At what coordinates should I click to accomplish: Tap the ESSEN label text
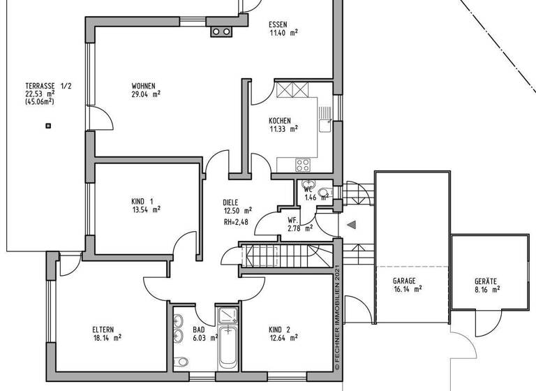[278, 24]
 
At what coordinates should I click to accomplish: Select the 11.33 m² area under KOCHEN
[284, 128]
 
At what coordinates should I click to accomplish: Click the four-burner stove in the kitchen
[303, 165]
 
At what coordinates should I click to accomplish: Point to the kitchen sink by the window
[325, 124]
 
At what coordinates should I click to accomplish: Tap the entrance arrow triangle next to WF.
[352, 224]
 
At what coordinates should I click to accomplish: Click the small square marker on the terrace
[48, 126]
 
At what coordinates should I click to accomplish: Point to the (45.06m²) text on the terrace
[39, 101]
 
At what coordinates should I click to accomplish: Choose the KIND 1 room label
[142, 200]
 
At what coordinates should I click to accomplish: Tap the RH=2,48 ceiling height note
[237, 222]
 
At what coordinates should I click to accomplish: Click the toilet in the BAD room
[181, 361]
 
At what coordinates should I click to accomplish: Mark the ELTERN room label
[103, 330]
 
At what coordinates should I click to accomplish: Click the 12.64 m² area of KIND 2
[283, 338]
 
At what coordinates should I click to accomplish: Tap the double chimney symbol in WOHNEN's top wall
[222, 31]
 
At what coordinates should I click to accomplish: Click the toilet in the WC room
[324, 193]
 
